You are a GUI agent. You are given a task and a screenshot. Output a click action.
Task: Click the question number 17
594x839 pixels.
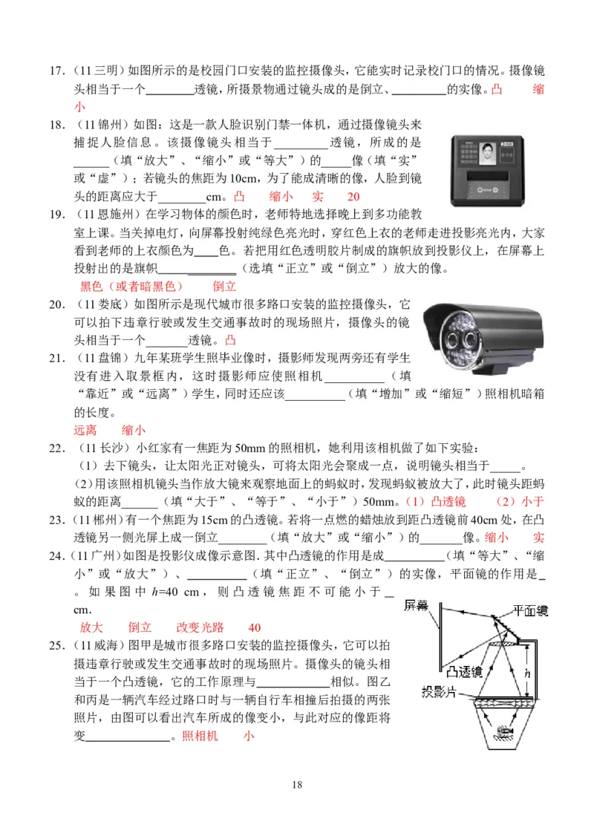(x=56, y=71)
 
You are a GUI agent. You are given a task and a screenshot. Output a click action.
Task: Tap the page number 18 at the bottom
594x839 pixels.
(x=297, y=784)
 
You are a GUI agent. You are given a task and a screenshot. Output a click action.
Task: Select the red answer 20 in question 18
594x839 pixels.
(x=353, y=196)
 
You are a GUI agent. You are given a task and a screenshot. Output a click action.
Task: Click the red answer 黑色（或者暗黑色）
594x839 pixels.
(x=131, y=287)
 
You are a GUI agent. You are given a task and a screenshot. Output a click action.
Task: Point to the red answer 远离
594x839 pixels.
(x=85, y=430)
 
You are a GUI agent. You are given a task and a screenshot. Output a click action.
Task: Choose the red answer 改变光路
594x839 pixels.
(x=200, y=627)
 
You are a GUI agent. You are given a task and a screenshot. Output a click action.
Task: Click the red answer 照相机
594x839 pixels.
(x=200, y=736)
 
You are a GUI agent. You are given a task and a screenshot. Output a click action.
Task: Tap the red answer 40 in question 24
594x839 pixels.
(x=255, y=627)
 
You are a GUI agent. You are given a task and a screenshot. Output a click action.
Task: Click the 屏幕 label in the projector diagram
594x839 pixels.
(x=416, y=605)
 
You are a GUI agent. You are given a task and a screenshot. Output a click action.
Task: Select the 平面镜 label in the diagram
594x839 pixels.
(x=530, y=610)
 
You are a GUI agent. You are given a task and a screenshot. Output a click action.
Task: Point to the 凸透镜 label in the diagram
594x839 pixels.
(x=465, y=671)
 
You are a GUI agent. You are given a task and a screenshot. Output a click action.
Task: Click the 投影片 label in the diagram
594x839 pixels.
(x=439, y=692)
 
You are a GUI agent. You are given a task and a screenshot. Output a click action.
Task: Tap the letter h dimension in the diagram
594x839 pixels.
(x=527, y=673)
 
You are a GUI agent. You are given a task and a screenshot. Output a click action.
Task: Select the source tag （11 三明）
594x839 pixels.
(x=97, y=71)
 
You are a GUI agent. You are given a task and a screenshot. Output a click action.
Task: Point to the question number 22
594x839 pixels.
(x=56, y=448)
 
